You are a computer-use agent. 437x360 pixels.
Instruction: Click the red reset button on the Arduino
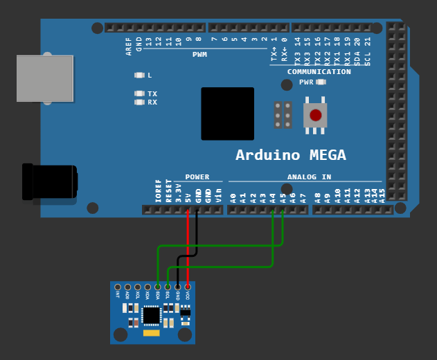[x=315, y=115]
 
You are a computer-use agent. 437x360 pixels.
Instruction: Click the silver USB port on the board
[x=44, y=78]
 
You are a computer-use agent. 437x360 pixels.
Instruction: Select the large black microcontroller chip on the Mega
[x=227, y=114]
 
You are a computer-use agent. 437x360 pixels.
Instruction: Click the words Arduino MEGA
[x=291, y=155]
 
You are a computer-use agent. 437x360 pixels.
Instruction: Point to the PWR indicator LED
[x=320, y=82]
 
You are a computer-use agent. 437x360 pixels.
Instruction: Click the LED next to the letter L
[x=139, y=75]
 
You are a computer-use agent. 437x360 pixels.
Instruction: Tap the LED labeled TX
[x=139, y=93]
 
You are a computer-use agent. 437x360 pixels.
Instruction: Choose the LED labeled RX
[x=139, y=102]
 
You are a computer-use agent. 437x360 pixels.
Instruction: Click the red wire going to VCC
[x=188, y=249]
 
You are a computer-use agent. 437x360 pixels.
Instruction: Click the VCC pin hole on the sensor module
[x=188, y=287]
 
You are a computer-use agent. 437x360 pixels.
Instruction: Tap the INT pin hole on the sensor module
[x=118, y=287]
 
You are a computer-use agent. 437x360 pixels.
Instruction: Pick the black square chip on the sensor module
[x=151, y=315]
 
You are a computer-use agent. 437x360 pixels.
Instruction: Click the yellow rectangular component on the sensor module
[x=151, y=334]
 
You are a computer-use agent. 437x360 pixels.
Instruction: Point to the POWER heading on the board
[x=197, y=177]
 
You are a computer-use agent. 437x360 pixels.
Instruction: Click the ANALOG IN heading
[x=309, y=177]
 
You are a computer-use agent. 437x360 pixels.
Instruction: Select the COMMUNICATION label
[x=319, y=72]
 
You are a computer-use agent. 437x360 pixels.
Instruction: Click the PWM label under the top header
[x=199, y=54]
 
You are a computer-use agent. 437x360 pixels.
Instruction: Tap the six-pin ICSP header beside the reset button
[x=283, y=115]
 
